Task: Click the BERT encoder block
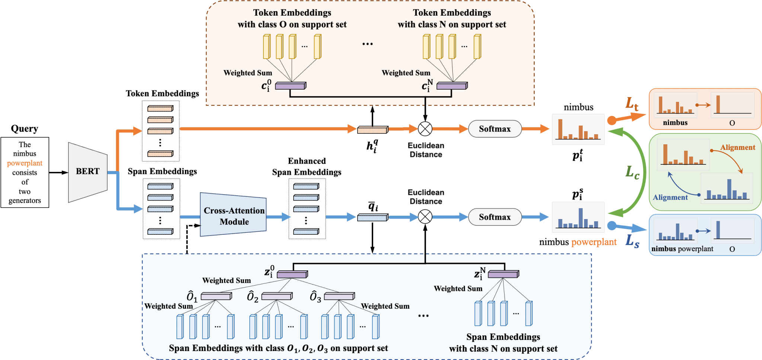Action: (x=88, y=172)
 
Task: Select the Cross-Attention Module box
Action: (x=234, y=215)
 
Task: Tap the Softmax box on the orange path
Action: (x=494, y=129)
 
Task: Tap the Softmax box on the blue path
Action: (x=494, y=217)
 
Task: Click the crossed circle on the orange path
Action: (x=425, y=129)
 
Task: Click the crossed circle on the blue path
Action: (x=425, y=216)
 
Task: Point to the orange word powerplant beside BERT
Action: (x=25, y=163)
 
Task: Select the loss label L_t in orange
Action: (x=631, y=103)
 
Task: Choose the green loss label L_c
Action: (x=632, y=172)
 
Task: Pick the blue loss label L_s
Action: (x=632, y=241)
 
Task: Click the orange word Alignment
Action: (x=737, y=148)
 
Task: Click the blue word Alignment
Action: (x=670, y=197)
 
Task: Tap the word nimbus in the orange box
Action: (x=675, y=123)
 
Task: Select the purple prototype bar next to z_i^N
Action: (x=503, y=274)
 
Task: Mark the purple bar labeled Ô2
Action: (x=277, y=296)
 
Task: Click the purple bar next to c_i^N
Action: (x=452, y=86)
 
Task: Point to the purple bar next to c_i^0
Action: (x=291, y=86)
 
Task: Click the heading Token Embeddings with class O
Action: (x=292, y=19)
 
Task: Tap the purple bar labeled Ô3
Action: (x=339, y=296)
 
